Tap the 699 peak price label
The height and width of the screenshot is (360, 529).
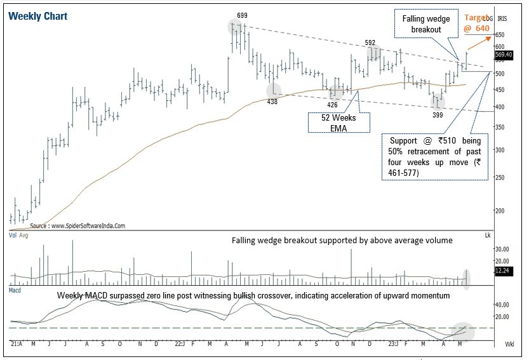[x=242, y=15]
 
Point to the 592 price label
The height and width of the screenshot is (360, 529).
[x=370, y=43]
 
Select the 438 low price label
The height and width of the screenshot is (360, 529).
[x=272, y=102]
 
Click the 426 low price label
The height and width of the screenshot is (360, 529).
[x=332, y=104]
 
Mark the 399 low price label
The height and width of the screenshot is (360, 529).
[x=438, y=115]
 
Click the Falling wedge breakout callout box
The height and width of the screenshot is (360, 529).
[x=426, y=25]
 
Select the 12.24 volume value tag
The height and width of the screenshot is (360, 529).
[x=502, y=271]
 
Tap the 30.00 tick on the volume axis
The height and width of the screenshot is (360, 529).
[x=502, y=248]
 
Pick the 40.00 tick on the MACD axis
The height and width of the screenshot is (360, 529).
[x=502, y=304]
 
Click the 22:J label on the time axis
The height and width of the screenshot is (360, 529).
[x=180, y=344]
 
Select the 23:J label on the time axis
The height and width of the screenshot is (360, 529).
[x=394, y=344]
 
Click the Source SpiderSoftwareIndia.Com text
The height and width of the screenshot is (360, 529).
[x=77, y=225]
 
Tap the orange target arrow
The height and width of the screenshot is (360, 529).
[x=479, y=43]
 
